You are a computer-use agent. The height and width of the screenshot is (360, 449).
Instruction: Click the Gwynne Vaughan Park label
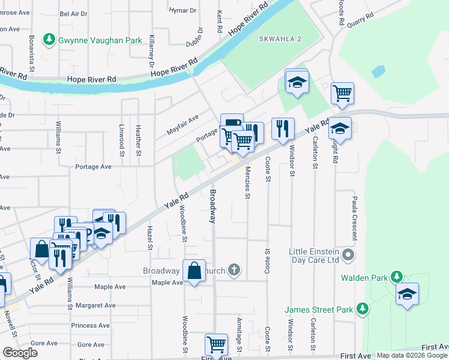click(100, 40)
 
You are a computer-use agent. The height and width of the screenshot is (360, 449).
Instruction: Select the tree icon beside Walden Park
click(396, 277)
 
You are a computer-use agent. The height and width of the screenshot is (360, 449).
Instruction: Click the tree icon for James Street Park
click(361, 308)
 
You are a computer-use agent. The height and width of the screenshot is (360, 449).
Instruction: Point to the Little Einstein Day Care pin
click(348, 256)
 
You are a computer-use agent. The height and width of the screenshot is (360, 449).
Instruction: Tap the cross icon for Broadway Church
click(234, 271)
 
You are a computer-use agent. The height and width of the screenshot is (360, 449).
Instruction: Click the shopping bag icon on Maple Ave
click(194, 271)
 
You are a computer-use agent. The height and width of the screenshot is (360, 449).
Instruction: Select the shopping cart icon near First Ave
click(216, 344)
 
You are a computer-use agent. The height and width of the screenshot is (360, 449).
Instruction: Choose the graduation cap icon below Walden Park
click(407, 294)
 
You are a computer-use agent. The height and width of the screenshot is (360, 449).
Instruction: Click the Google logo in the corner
click(20, 353)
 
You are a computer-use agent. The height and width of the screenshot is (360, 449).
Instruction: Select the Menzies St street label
click(247, 183)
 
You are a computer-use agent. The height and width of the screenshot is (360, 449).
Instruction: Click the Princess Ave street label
click(90, 325)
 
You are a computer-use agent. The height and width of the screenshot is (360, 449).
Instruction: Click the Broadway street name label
click(212, 206)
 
